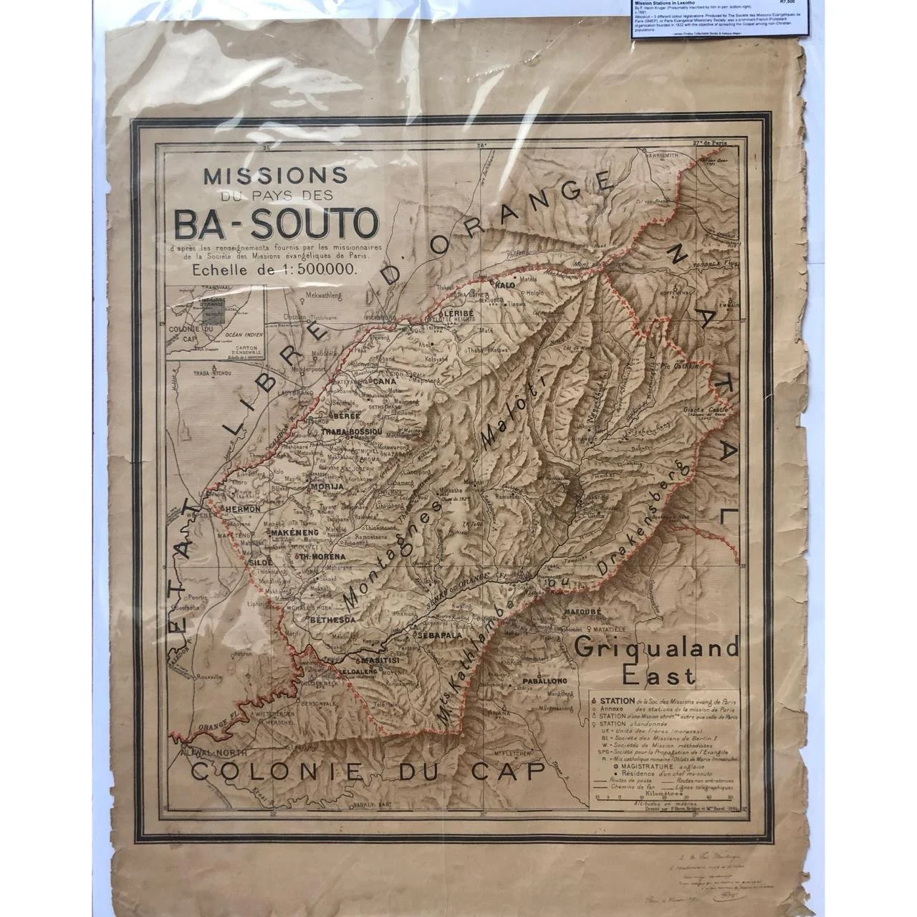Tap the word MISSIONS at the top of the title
pos(276,176)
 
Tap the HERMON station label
pos(241,509)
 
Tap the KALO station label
pos(506,285)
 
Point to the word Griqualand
pos(657,649)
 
